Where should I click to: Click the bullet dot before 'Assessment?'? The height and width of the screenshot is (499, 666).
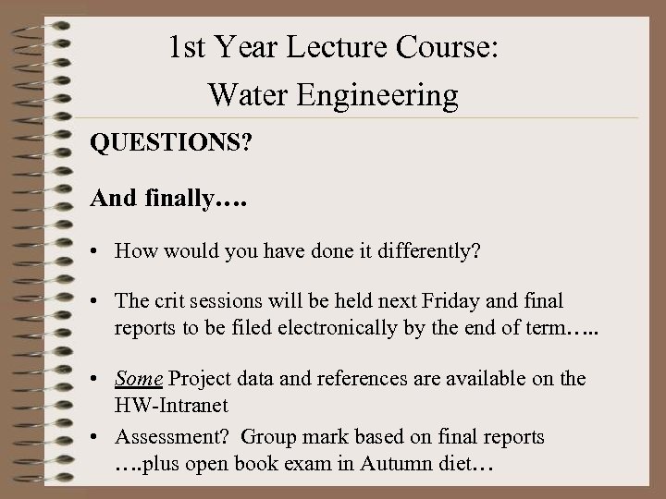click(96, 437)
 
